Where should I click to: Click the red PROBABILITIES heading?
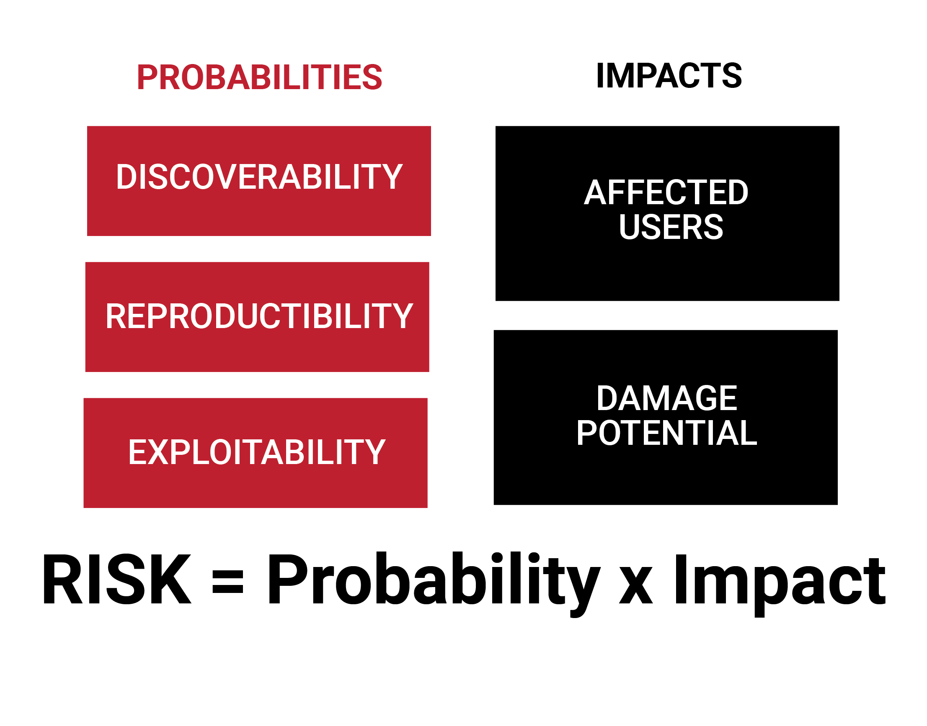click(260, 77)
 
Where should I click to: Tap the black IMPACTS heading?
click(669, 76)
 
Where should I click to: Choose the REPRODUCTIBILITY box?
click(257, 317)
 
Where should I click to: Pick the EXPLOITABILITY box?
click(255, 453)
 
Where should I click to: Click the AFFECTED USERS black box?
click(667, 213)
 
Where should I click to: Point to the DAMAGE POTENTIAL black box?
click(665, 418)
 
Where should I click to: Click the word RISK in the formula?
click(116, 579)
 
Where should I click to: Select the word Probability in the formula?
click(434, 585)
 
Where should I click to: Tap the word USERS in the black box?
click(671, 226)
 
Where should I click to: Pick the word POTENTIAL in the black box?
click(666, 433)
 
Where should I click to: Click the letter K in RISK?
click(170, 579)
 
